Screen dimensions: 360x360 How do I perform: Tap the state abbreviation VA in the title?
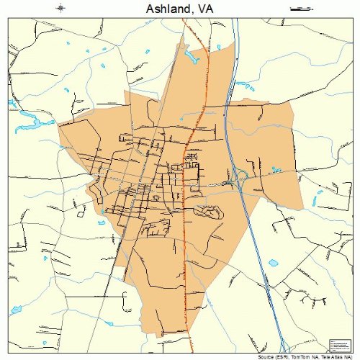coord(203,9)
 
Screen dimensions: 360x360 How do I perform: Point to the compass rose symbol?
coord(61,9)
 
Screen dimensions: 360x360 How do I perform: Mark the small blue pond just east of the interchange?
coord(276,170)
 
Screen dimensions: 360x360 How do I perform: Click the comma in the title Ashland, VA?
coord(192,12)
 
